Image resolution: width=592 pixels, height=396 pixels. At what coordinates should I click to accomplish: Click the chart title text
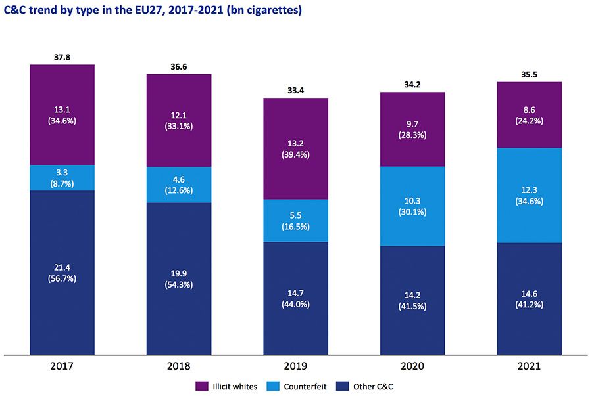coord(153,11)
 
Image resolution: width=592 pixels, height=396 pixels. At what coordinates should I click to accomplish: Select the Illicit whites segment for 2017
coord(62,114)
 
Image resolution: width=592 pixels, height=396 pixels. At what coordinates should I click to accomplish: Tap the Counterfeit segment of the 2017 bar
coord(62,177)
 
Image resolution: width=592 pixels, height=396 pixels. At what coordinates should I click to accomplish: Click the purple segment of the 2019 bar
coord(296,148)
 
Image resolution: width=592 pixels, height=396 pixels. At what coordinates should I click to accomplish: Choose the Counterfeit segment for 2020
coord(412,206)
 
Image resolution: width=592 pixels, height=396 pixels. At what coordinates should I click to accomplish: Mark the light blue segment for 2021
coord(530,195)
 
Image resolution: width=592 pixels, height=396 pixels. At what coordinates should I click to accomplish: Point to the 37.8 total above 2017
coord(62,58)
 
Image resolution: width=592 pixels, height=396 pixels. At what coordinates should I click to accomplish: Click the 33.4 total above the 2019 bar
coord(296,91)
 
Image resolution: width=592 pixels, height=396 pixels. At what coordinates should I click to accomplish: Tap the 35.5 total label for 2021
coord(530,75)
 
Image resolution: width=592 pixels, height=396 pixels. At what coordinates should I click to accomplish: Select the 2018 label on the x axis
coord(179,366)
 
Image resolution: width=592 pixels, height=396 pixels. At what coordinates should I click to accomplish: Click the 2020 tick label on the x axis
coord(412,366)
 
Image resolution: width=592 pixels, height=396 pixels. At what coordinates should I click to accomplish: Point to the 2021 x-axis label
coord(530,366)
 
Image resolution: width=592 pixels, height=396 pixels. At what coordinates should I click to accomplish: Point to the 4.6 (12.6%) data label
coord(179,185)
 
